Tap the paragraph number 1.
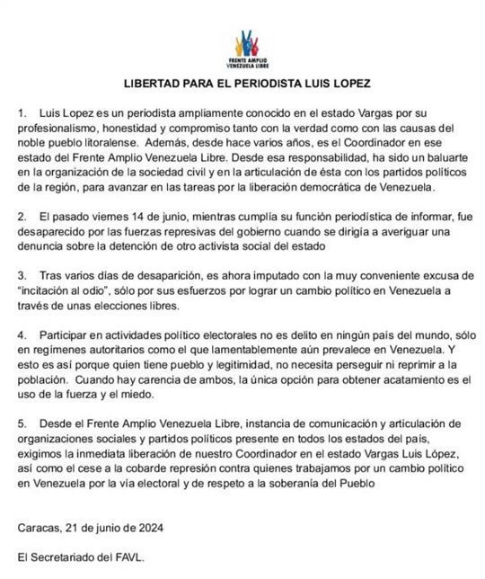pos(22,117)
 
